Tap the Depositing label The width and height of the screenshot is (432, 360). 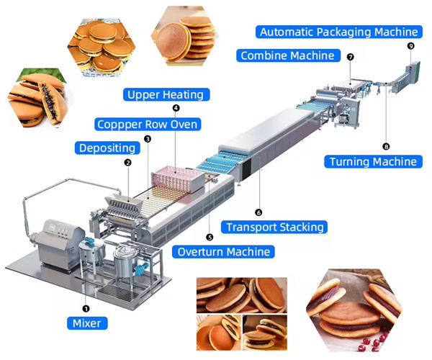click(106, 148)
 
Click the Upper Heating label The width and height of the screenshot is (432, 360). click(164, 94)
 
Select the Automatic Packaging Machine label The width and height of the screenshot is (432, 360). click(338, 32)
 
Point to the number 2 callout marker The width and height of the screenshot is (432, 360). click(127, 163)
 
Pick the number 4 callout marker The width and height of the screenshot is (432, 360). click(176, 108)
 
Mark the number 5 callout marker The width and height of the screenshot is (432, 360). click(210, 236)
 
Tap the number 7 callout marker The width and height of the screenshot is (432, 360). click(351, 56)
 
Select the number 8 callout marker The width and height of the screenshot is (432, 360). click(386, 146)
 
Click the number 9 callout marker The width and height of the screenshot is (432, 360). click(410, 45)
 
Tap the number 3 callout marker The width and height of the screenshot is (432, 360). click(147, 139)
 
